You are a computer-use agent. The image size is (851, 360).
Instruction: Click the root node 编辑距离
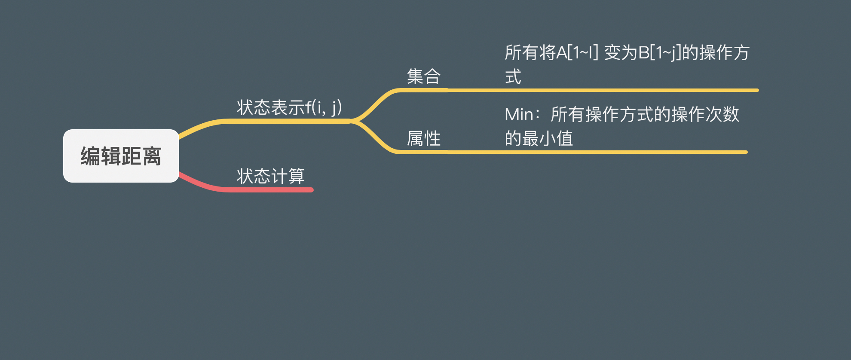tap(121, 156)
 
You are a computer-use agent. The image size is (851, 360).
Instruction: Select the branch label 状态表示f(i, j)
tap(289, 107)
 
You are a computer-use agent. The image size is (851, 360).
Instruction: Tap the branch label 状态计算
tap(271, 176)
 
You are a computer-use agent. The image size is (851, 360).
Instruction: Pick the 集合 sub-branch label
tap(424, 76)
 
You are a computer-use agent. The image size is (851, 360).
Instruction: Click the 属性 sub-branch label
tap(424, 138)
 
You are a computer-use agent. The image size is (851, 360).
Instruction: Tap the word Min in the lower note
tap(519, 115)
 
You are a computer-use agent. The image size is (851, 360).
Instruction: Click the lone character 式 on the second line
tap(513, 77)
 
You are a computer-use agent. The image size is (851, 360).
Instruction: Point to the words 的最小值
tap(539, 139)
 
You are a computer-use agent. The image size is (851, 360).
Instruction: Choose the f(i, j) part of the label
tap(324, 107)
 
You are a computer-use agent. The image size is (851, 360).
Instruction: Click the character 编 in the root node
tap(91, 156)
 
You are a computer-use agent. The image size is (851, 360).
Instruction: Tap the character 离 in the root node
tap(152, 156)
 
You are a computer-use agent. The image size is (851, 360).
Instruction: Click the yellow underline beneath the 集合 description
tap(602, 90)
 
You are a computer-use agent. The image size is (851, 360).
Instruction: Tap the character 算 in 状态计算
tap(297, 176)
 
